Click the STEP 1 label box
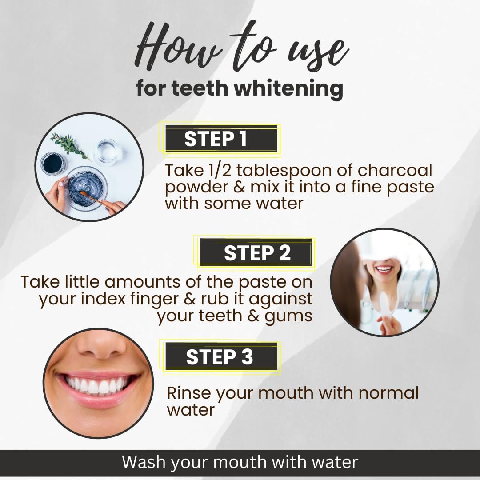pos(221,139)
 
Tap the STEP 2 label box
pos(256,252)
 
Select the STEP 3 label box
pos(221,356)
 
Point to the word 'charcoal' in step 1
pos(395,170)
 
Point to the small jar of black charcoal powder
pos(54,164)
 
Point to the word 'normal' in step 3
pos(388,393)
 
